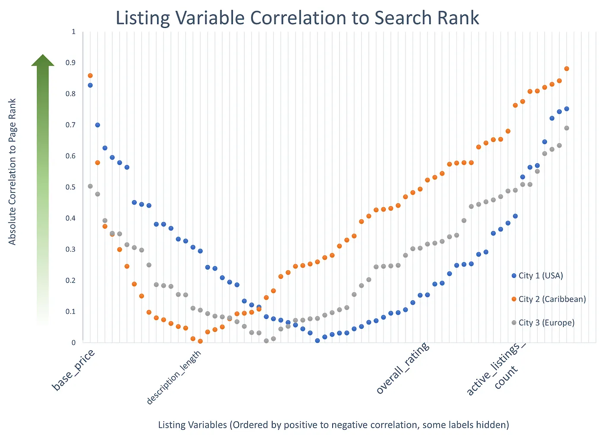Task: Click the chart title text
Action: (x=297, y=18)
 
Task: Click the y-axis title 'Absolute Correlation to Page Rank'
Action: (x=13, y=172)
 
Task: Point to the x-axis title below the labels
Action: (x=333, y=425)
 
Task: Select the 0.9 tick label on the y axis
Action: (x=70, y=63)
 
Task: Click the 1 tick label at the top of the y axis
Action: (x=73, y=32)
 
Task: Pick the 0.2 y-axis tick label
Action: (x=70, y=280)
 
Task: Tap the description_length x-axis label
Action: (x=174, y=378)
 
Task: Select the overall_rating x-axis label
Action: (x=403, y=368)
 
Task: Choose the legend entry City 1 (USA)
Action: (x=537, y=276)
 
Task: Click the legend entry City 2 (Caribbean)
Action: (x=548, y=299)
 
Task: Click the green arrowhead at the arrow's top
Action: (x=43, y=60)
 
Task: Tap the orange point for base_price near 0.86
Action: (x=90, y=76)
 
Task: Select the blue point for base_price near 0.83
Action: (x=90, y=85)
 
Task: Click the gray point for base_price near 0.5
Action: (x=90, y=186)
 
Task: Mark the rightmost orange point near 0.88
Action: (x=566, y=69)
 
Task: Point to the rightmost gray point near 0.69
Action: (x=566, y=128)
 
